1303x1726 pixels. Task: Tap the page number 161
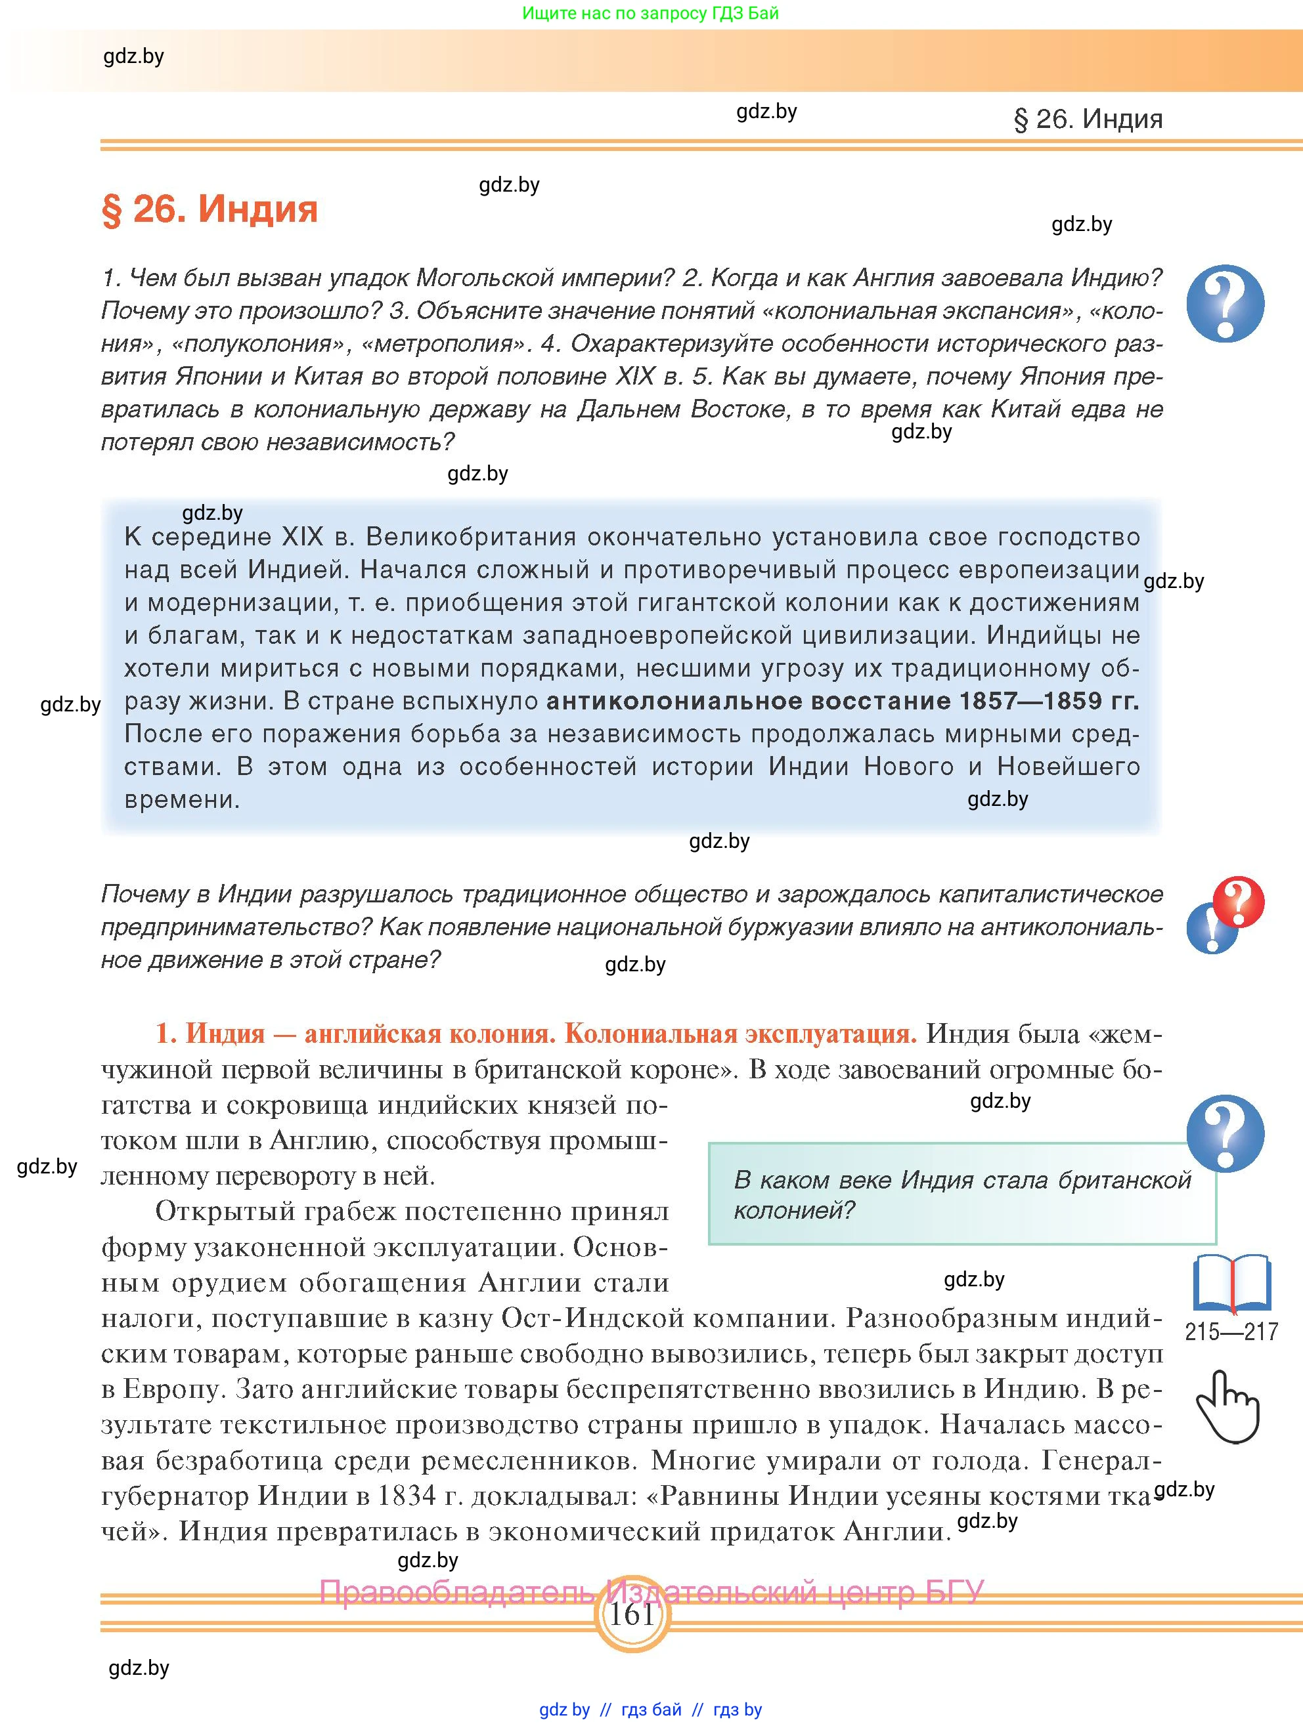point(630,1613)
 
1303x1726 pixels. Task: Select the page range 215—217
point(1231,1331)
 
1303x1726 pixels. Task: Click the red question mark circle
point(1238,901)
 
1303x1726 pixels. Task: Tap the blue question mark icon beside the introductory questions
point(1225,304)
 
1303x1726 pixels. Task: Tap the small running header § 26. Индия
point(1088,119)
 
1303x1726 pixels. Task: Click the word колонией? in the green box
point(795,1210)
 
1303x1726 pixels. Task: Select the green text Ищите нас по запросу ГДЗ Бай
point(650,13)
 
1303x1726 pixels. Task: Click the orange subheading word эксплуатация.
point(830,1033)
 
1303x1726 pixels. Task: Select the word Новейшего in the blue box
point(1068,767)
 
